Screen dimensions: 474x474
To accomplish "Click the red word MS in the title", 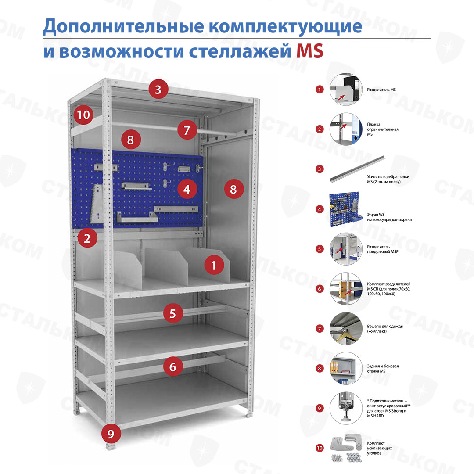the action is click(310, 51).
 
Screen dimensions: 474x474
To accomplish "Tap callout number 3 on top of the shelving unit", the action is click(158, 89).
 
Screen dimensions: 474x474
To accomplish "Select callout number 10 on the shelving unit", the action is click(83, 115).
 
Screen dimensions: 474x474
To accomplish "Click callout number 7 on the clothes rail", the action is click(187, 130).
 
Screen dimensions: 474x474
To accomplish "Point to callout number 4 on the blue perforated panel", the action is click(187, 189).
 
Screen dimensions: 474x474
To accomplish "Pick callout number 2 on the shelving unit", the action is click(87, 238).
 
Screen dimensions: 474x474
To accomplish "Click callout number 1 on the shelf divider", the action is click(214, 265).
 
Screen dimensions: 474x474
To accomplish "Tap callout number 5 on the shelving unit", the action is click(173, 313).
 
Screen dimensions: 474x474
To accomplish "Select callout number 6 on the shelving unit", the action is click(173, 366).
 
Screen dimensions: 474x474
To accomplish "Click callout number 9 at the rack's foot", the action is click(111, 434).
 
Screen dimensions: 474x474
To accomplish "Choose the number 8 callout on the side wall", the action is click(234, 189).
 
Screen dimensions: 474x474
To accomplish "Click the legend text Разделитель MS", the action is click(381, 90).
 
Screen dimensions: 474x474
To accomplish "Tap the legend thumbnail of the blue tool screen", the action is click(345, 209).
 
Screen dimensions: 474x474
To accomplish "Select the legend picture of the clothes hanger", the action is click(346, 329).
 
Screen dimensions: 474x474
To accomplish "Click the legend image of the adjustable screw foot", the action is click(346, 408).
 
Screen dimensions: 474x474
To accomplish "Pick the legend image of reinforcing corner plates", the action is click(347, 448).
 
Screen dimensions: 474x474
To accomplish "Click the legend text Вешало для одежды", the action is click(385, 326).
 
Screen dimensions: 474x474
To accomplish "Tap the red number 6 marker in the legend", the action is click(320, 289).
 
